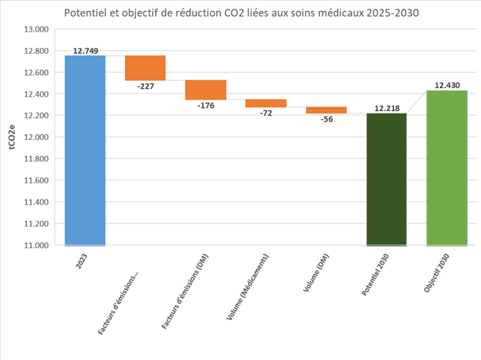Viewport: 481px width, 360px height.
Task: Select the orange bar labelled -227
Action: point(145,68)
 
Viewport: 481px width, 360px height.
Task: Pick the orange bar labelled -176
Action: point(205,90)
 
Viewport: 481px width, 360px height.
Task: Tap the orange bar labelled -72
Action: point(266,103)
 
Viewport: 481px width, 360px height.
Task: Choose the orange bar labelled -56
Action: point(326,110)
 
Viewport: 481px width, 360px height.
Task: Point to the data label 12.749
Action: point(85,51)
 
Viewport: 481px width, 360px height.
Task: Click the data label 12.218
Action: point(387,108)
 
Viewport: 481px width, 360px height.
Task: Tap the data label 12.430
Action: point(447,85)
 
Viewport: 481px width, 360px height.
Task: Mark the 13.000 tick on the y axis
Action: point(36,29)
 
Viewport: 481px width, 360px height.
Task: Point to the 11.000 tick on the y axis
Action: point(36,245)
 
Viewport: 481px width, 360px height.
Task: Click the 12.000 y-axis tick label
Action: point(36,138)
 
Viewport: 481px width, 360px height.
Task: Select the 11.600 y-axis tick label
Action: point(36,180)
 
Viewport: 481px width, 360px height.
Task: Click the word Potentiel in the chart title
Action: point(87,13)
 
